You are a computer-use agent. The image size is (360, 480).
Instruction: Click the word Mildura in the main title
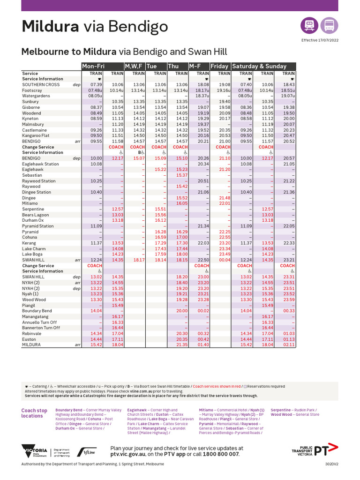[x=50, y=27]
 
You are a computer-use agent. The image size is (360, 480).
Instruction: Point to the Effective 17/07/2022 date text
[x=320, y=40]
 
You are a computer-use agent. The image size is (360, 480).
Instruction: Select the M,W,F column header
[x=134, y=67]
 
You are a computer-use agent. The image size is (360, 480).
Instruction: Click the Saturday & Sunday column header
[x=260, y=67]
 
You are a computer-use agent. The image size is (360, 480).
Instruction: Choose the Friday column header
[x=220, y=67]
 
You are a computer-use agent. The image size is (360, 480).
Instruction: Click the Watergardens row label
[x=37, y=96]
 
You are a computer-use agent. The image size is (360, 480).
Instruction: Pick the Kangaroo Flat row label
[x=37, y=135]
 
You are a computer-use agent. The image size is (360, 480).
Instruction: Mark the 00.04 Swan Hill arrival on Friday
[x=225, y=260]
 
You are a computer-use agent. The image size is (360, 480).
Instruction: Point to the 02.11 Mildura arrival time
[x=289, y=345]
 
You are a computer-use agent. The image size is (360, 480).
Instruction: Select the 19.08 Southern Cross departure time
[x=225, y=85]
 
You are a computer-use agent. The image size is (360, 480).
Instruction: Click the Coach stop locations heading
[x=34, y=413]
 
